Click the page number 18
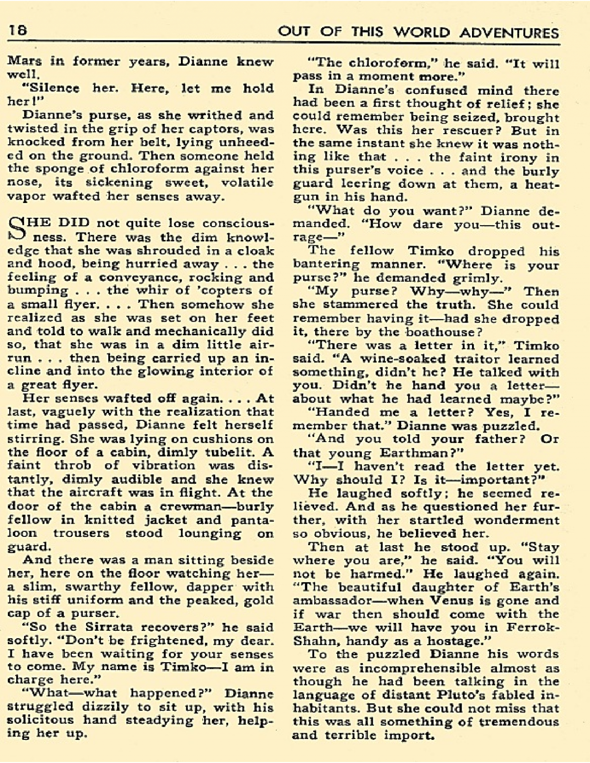(17, 30)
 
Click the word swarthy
(97, 587)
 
